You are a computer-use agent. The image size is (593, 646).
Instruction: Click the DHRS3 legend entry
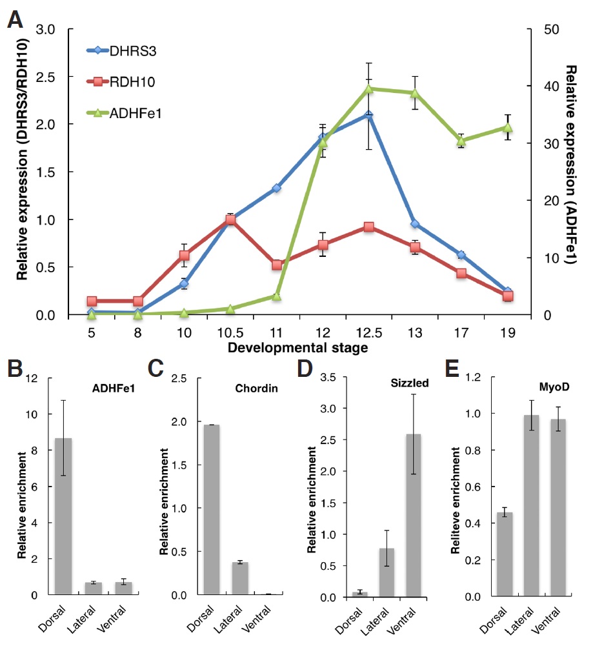pos(129,50)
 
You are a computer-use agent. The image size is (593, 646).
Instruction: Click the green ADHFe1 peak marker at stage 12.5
pos(368,89)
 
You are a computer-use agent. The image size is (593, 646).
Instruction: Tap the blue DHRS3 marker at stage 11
pos(276,188)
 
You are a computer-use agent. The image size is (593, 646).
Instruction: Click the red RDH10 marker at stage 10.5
pos(230,220)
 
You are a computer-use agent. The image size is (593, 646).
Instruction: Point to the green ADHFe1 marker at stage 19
pos(508,128)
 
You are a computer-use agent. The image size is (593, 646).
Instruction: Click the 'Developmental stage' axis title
pos(298,348)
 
